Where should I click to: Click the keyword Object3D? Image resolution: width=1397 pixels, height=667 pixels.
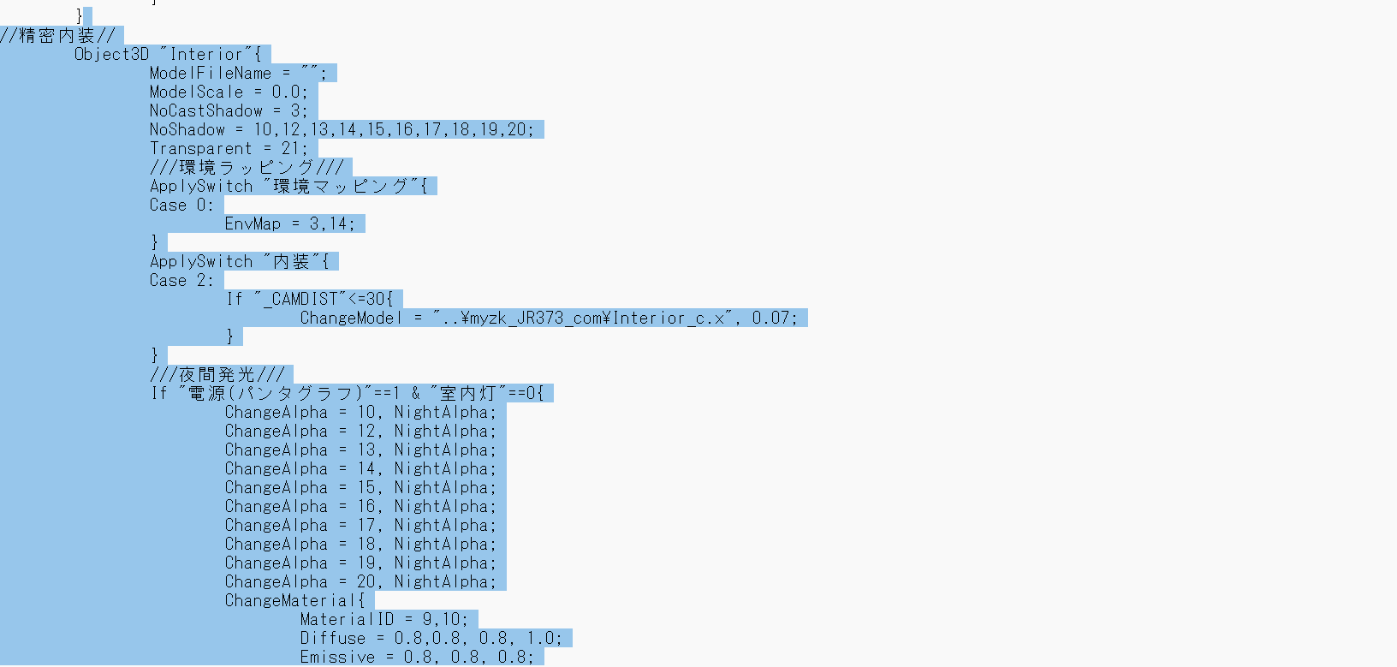pyautogui.click(x=111, y=55)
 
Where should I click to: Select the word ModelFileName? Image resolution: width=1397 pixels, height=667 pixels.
pyautogui.click(x=211, y=74)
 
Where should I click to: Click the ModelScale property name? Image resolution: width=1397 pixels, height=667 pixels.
pyautogui.click(x=197, y=92)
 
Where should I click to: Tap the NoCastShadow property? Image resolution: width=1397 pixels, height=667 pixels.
pyautogui.click(x=205, y=111)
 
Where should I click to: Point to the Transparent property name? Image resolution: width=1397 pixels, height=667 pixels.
pyautogui.click(x=201, y=148)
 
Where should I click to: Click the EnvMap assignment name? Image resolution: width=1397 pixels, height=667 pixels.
pyautogui.click(x=253, y=224)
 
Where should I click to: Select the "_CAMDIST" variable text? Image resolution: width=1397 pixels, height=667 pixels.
pyautogui.click(x=300, y=300)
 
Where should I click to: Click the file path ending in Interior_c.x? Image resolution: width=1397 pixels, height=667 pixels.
pyautogui.click(x=582, y=319)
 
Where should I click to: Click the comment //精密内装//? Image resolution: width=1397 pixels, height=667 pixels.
pyautogui.click(x=57, y=36)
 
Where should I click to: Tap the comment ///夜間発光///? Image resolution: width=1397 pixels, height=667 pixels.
pyautogui.click(x=217, y=374)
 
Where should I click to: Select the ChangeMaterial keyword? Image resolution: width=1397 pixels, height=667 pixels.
pyautogui.click(x=290, y=600)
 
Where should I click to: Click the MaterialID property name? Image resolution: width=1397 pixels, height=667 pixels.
pyautogui.click(x=347, y=619)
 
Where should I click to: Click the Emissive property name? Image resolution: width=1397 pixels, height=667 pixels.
pyautogui.click(x=337, y=657)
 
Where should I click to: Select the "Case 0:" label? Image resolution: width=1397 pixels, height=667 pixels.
pyautogui.click(x=181, y=205)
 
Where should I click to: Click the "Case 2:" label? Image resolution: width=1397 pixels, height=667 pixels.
pyautogui.click(x=181, y=281)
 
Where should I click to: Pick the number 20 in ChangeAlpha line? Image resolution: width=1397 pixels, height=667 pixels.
pyautogui.click(x=366, y=581)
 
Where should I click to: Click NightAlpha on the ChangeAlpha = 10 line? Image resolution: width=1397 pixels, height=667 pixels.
pyautogui.click(x=444, y=413)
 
